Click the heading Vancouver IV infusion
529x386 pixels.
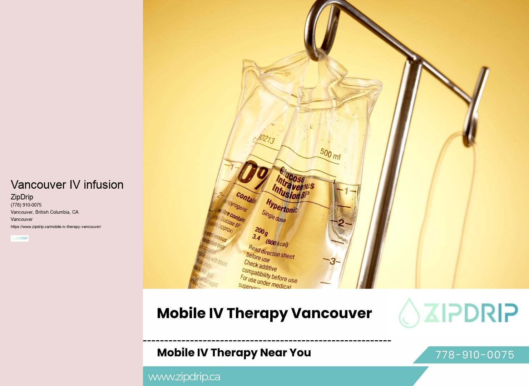(x=67, y=185)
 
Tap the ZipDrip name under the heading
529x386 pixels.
(x=22, y=197)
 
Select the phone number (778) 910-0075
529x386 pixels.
(x=26, y=205)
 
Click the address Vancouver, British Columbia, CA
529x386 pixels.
(x=45, y=212)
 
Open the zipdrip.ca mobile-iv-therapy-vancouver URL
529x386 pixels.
(x=56, y=227)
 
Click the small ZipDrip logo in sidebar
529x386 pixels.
(x=20, y=238)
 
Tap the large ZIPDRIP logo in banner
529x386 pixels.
(x=459, y=313)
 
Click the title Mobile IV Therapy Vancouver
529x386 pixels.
(x=264, y=313)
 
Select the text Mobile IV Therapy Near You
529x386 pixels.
(x=234, y=352)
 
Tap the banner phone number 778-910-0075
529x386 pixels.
(x=474, y=355)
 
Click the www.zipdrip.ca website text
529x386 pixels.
(x=184, y=377)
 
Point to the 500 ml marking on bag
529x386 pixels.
(x=330, y=154)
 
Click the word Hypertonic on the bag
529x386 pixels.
(x=281, y=206)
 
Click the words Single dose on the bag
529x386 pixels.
(x=274, y=216)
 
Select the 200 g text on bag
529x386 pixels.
(x=261, y=231)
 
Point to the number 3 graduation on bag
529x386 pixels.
(x=333, y=261)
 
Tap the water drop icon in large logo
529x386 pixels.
(x=409, y=313)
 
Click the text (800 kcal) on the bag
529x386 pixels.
(x=277, y=243)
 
